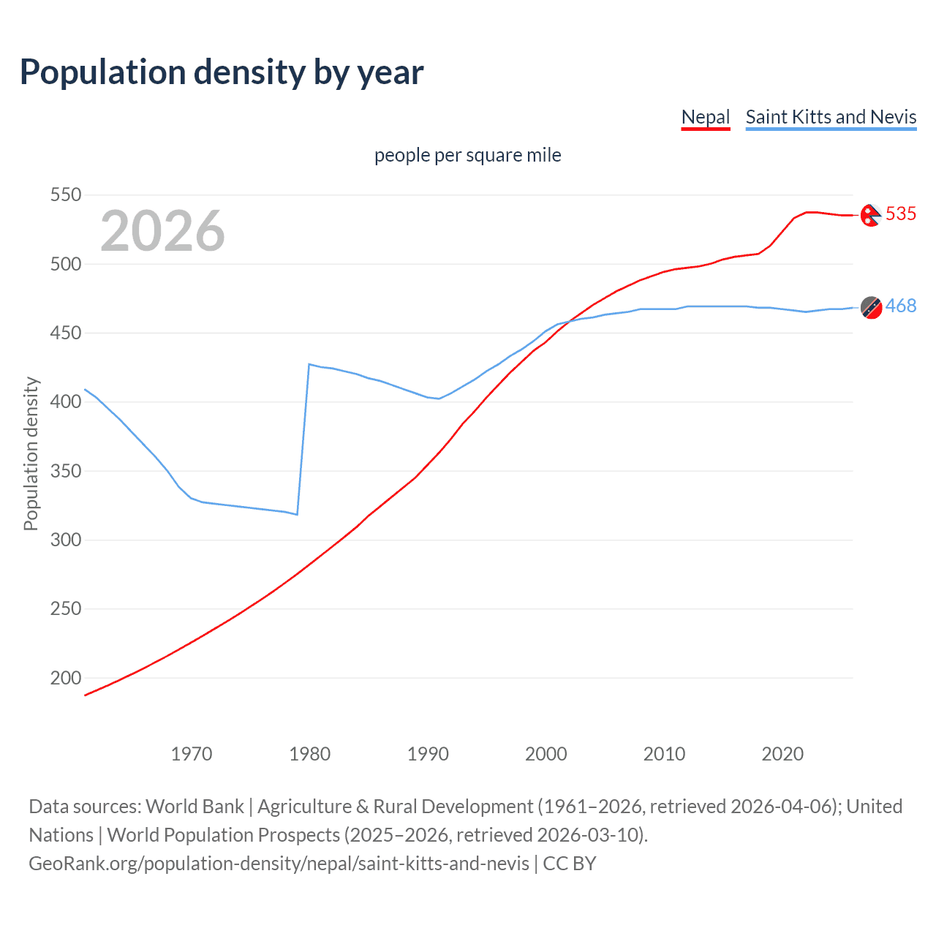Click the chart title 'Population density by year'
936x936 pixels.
point(222,72)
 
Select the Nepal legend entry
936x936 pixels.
point(706,117)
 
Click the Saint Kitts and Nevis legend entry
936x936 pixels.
point(831,117)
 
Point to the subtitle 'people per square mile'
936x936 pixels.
point(467,155)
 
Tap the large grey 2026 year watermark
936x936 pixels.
point(162,231)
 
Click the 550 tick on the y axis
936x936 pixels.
point(65,195)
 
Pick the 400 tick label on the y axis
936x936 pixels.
point(65,402)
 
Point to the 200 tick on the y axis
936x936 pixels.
point(65,678)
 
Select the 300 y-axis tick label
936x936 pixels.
point(65,540)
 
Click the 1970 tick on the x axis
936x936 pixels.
point(192,754)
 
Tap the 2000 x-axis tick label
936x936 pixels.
point(546,754)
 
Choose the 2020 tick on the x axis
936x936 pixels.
point(782,754)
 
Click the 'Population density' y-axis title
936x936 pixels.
point(31,453)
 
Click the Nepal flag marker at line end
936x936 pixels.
point(870,215)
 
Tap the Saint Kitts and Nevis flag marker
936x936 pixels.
point(871,307)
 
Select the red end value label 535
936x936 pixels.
point(901,214)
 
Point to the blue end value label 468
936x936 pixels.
point(901,306)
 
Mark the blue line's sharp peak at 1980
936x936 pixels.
point(309,364)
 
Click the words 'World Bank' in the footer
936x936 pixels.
point(195,807)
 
